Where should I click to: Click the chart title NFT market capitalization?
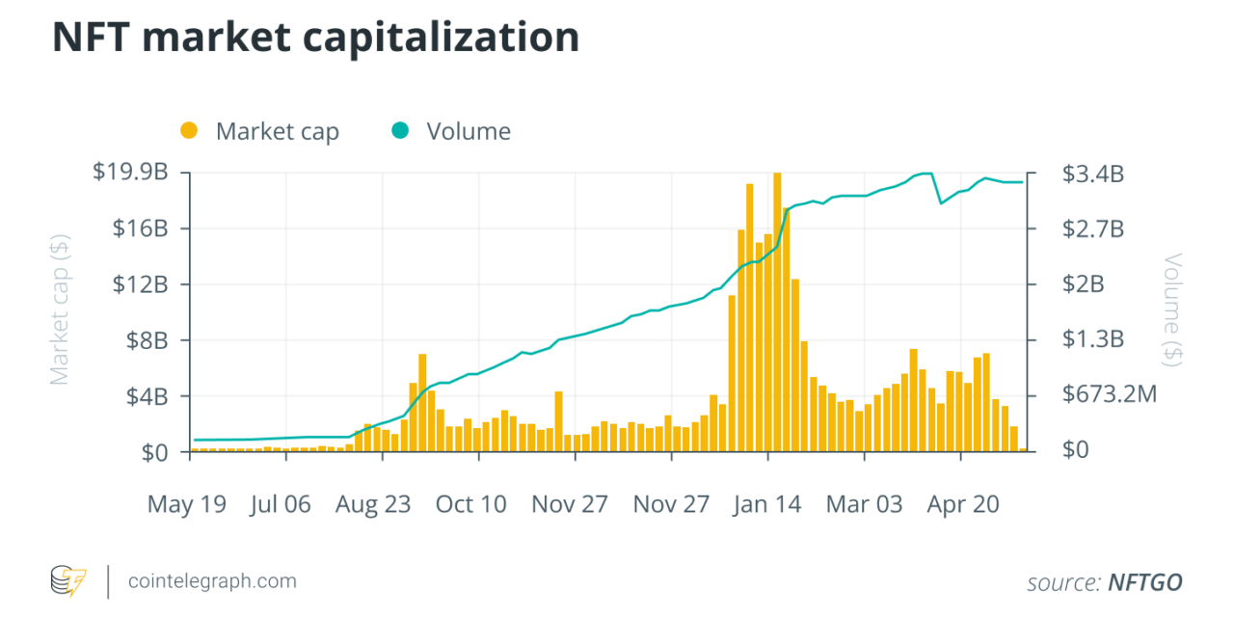coord(315,38)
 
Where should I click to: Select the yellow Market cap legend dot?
coord(189,130)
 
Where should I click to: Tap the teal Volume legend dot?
coord(400,130)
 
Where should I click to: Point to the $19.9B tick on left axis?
coord(130,173)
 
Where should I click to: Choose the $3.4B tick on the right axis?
coord(1092,174)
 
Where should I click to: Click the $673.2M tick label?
coord(1109,395)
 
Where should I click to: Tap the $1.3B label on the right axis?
coord(1092,339)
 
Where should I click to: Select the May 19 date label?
coord(187,504)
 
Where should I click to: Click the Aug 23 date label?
coord(373,504)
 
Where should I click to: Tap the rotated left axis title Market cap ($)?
coord(60,312)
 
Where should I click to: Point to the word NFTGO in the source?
coord(1145,582)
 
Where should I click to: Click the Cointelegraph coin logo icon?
coord(68,581)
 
